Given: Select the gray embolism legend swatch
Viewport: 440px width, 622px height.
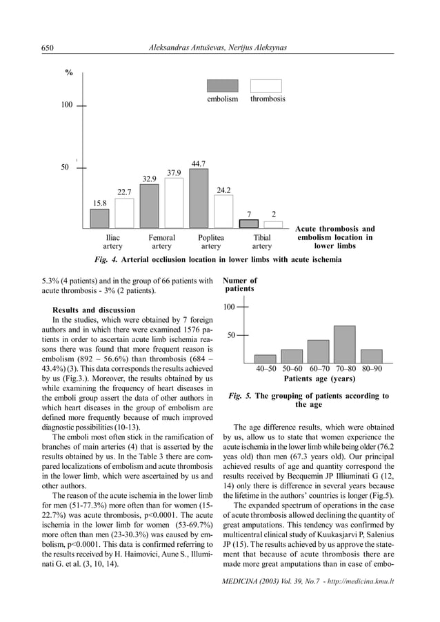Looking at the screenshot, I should pos(222,86).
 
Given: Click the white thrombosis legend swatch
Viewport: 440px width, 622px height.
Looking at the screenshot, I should pos(266,86).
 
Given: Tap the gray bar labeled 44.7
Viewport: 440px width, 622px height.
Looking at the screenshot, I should pos(199,199).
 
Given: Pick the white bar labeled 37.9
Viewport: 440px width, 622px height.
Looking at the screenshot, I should pos(174,203).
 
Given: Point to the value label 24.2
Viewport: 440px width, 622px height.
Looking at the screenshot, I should pos(223,190).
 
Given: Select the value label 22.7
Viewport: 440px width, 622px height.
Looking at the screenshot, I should pos(124,192).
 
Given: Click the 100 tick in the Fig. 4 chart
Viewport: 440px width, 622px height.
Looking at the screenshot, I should pos(66,106).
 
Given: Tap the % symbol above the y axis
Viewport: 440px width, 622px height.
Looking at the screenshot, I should pos(69,74).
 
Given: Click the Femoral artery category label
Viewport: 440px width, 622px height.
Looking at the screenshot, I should pos(161,241).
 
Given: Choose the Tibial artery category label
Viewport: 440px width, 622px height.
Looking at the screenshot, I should pos(262,241).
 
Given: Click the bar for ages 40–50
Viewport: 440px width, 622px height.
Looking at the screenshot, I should pos(265,359).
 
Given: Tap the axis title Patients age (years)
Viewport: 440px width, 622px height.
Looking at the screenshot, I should pos(319,379).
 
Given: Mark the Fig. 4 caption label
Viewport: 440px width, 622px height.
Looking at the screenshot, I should pos(106,260).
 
